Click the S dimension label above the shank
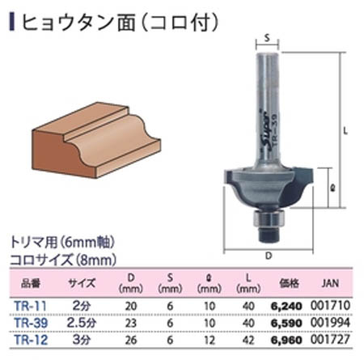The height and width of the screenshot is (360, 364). pos(268,36)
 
